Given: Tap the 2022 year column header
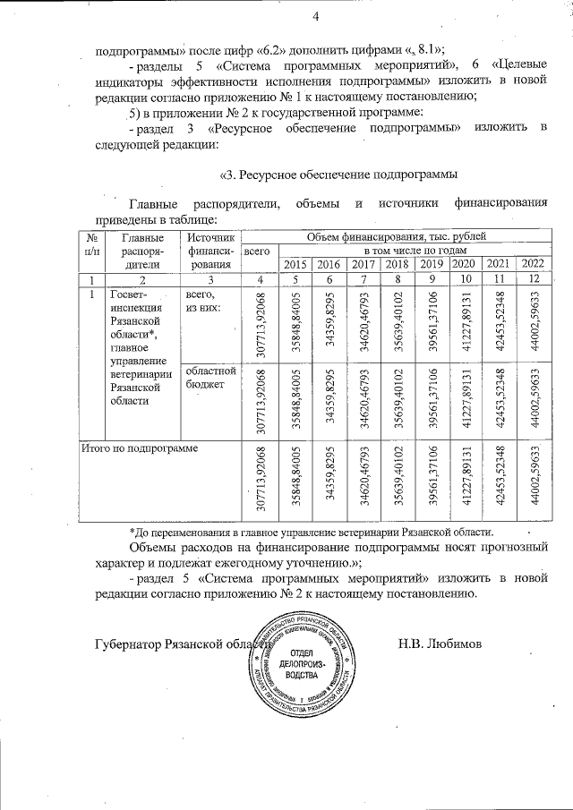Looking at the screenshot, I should [533, 263].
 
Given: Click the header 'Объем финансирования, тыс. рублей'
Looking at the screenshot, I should [397, 236].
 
